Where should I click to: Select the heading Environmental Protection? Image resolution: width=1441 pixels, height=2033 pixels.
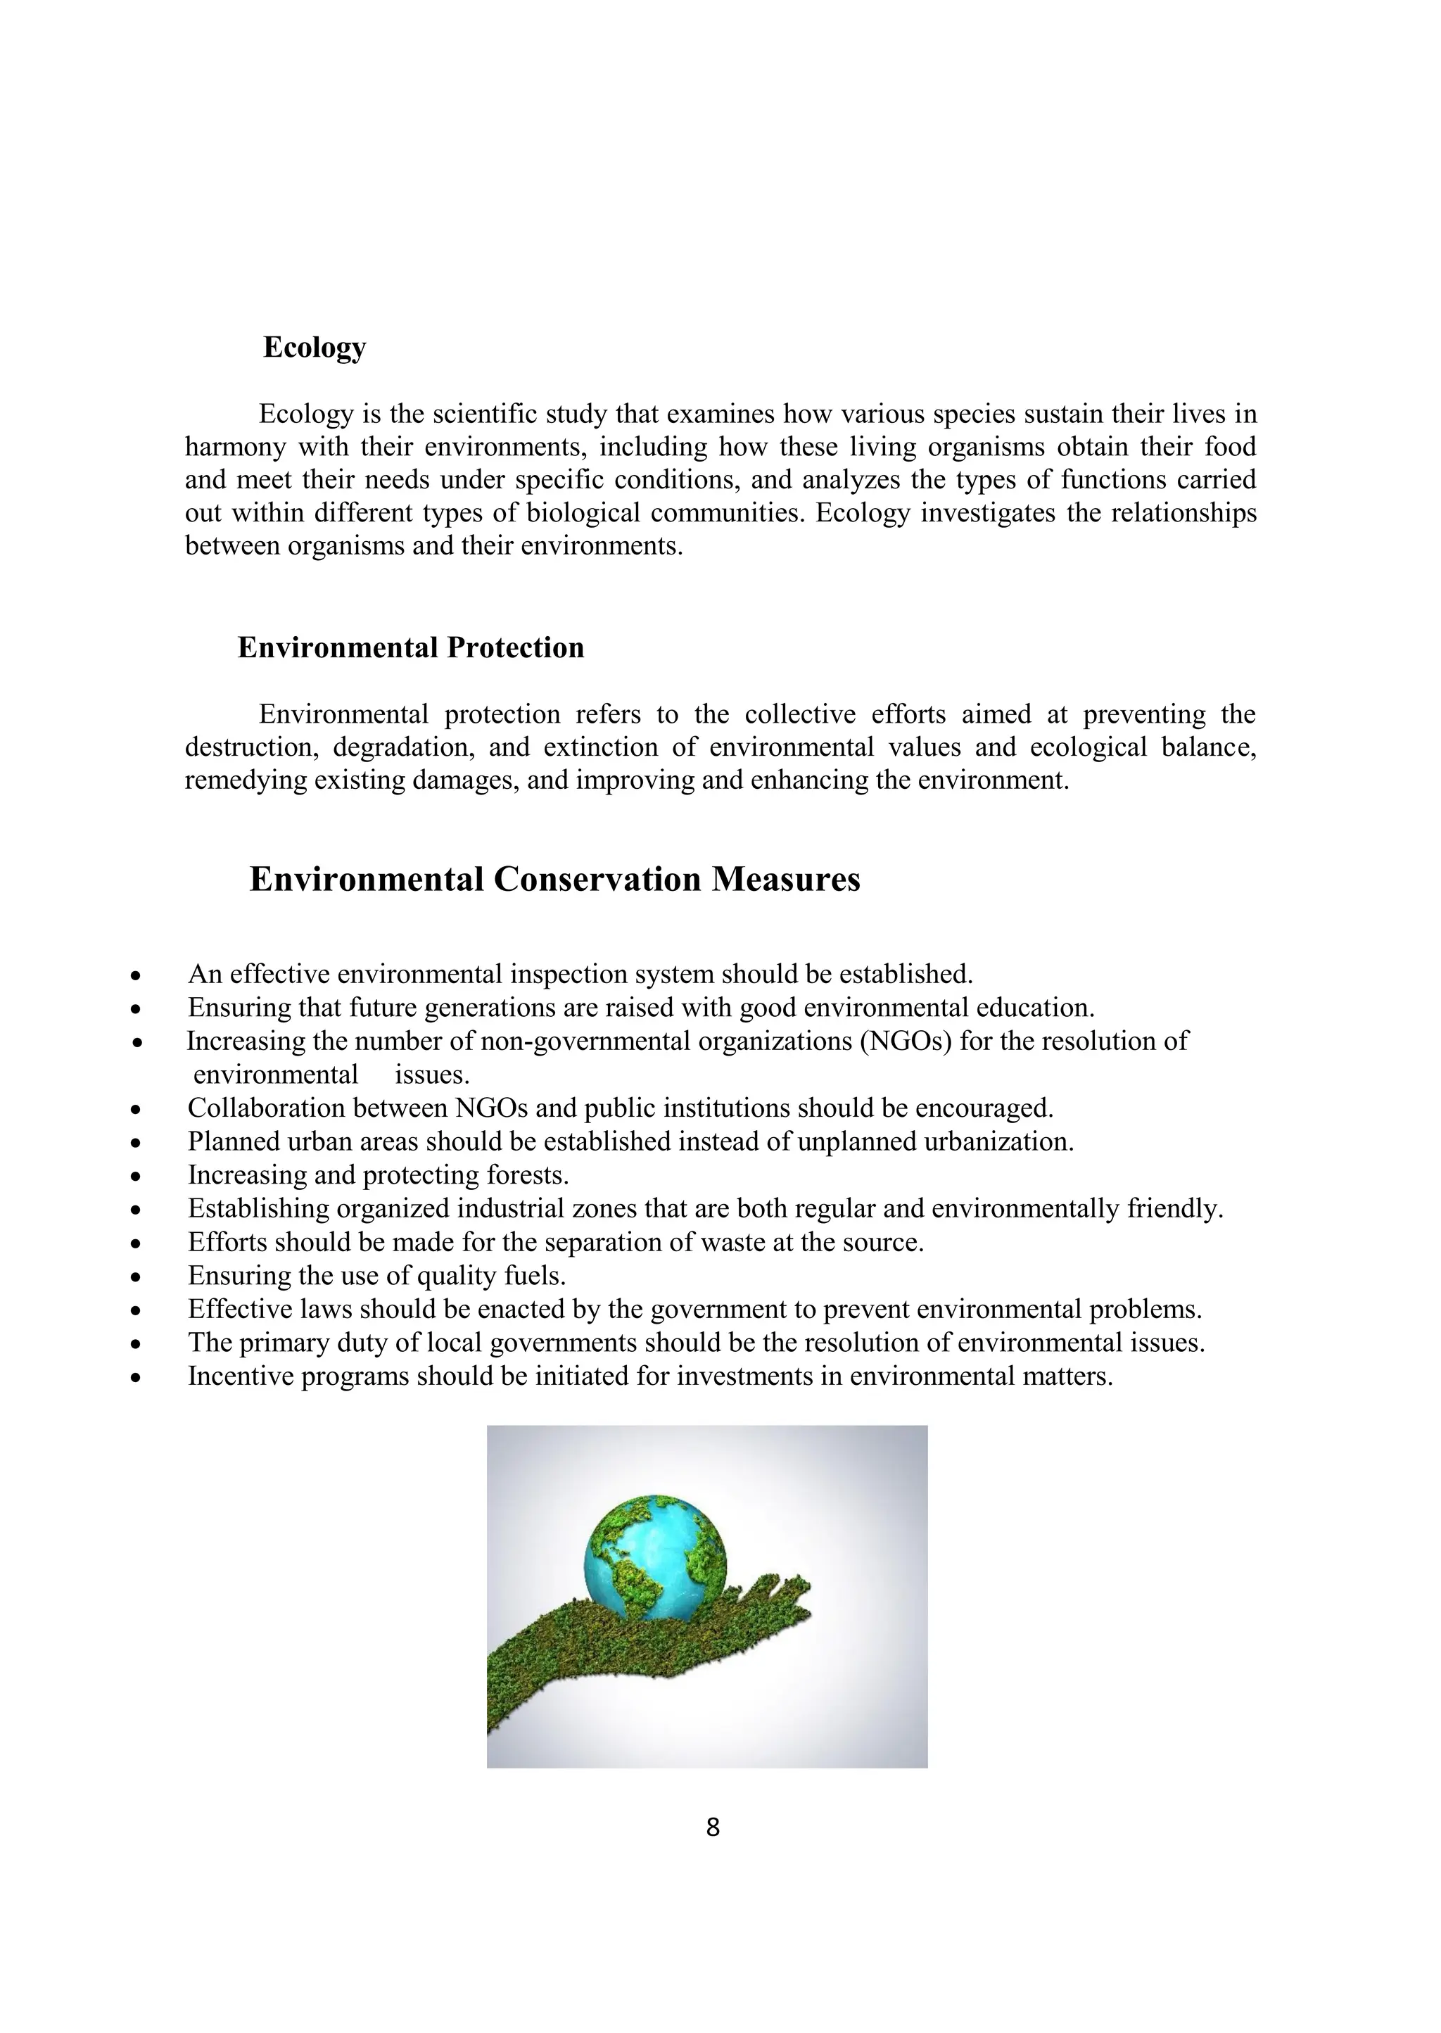point(411,648)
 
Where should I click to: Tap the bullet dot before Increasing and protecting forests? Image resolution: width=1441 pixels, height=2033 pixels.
point(136,1177)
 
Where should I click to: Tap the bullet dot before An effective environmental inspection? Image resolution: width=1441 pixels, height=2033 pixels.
point(136,976)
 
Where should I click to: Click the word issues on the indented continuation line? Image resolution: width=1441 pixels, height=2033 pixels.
point(431,1075)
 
